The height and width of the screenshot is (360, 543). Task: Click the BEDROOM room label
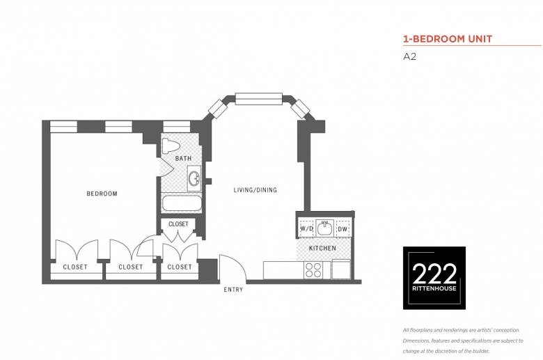(x=102, y=194)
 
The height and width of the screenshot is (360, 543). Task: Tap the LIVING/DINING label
(x=255, y=190)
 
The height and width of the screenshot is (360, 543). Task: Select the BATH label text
(x=183, y=158)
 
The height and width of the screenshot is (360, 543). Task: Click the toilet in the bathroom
(x=171, y=146)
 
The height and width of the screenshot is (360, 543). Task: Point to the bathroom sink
(x=194, y=178)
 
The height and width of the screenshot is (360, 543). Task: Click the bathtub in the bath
(x=182, y=203)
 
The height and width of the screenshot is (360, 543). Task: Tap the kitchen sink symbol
(x=324, y=228)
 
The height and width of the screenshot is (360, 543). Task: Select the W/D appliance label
(x=306, y=228)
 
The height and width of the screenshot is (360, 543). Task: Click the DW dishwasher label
(x=342, y=229)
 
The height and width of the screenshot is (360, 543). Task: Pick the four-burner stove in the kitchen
(x=313, y=270)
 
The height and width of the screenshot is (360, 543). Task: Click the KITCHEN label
(x=322, y=248)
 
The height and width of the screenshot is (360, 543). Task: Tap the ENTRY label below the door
(x=233, y=289)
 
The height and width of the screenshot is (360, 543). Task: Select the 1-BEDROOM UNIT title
(x=448, y=39)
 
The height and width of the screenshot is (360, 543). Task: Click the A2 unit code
(x=409, y=56)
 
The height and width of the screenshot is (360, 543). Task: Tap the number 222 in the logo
(x=434, y=274)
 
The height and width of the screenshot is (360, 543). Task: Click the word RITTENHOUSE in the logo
(x=434, y=288)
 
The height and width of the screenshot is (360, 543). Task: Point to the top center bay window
(x=259, y=99)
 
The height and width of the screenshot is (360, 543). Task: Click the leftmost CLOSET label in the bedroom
(x=75, y=267)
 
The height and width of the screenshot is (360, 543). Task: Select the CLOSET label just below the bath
(x=178, y=224)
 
